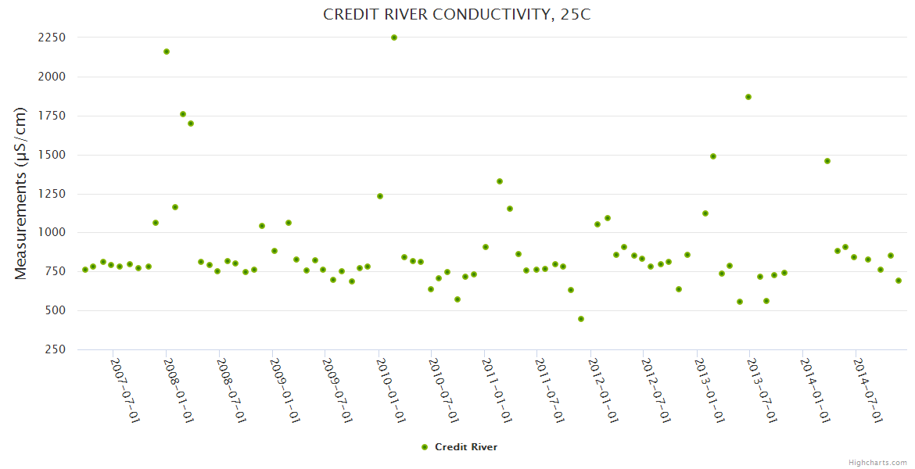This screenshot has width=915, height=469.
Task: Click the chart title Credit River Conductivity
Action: [457, 15]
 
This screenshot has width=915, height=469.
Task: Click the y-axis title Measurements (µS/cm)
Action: [21, 193]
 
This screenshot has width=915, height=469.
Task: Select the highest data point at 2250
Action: [394, 38]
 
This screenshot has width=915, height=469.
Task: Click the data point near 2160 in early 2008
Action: [167, 52]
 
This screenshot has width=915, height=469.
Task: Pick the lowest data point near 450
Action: [581, 319]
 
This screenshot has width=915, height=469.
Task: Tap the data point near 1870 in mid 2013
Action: [748, 97]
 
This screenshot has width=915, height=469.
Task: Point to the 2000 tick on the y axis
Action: [53, 77]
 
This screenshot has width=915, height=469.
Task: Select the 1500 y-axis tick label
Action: [53, 155]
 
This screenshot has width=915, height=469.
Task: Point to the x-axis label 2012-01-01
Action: [603, 390]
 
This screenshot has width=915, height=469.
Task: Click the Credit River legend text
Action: [466, 447]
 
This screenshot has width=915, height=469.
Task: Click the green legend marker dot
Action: [425, 447]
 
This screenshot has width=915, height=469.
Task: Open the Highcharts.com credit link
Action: [877, 462]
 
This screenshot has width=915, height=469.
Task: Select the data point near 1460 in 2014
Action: [827, 161]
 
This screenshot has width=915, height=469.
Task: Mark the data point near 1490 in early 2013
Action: [713, 156]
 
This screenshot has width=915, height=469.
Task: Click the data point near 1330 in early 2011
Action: [500, 181]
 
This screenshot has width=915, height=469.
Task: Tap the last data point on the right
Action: [899, 281]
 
